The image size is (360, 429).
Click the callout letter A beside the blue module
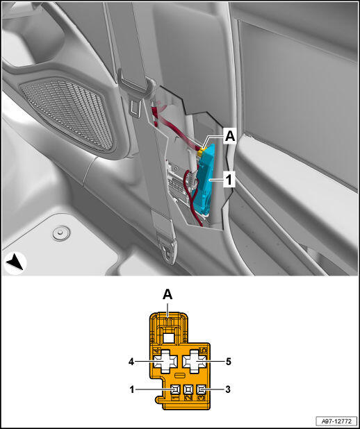pos(230,137)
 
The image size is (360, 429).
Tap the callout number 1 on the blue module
pos(229,180)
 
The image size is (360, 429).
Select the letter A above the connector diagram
pos(167,295)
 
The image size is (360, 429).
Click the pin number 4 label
pos(131,362)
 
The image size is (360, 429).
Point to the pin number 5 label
pos(229,362)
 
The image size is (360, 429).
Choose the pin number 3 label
pos(228,389)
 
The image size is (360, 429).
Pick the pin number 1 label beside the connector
pos(132,389)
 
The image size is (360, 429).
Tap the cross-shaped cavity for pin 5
pos(195,362)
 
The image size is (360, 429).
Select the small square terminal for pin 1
pos(175,389)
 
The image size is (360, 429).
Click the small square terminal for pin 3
pos(201,389)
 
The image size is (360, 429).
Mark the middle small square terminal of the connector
pos(188,389)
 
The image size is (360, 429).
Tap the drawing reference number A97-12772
pos(336,421)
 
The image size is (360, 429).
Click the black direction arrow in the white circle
pos(15,264)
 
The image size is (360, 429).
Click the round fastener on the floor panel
pos(61,233)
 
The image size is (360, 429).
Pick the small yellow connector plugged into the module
pos(202,151)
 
